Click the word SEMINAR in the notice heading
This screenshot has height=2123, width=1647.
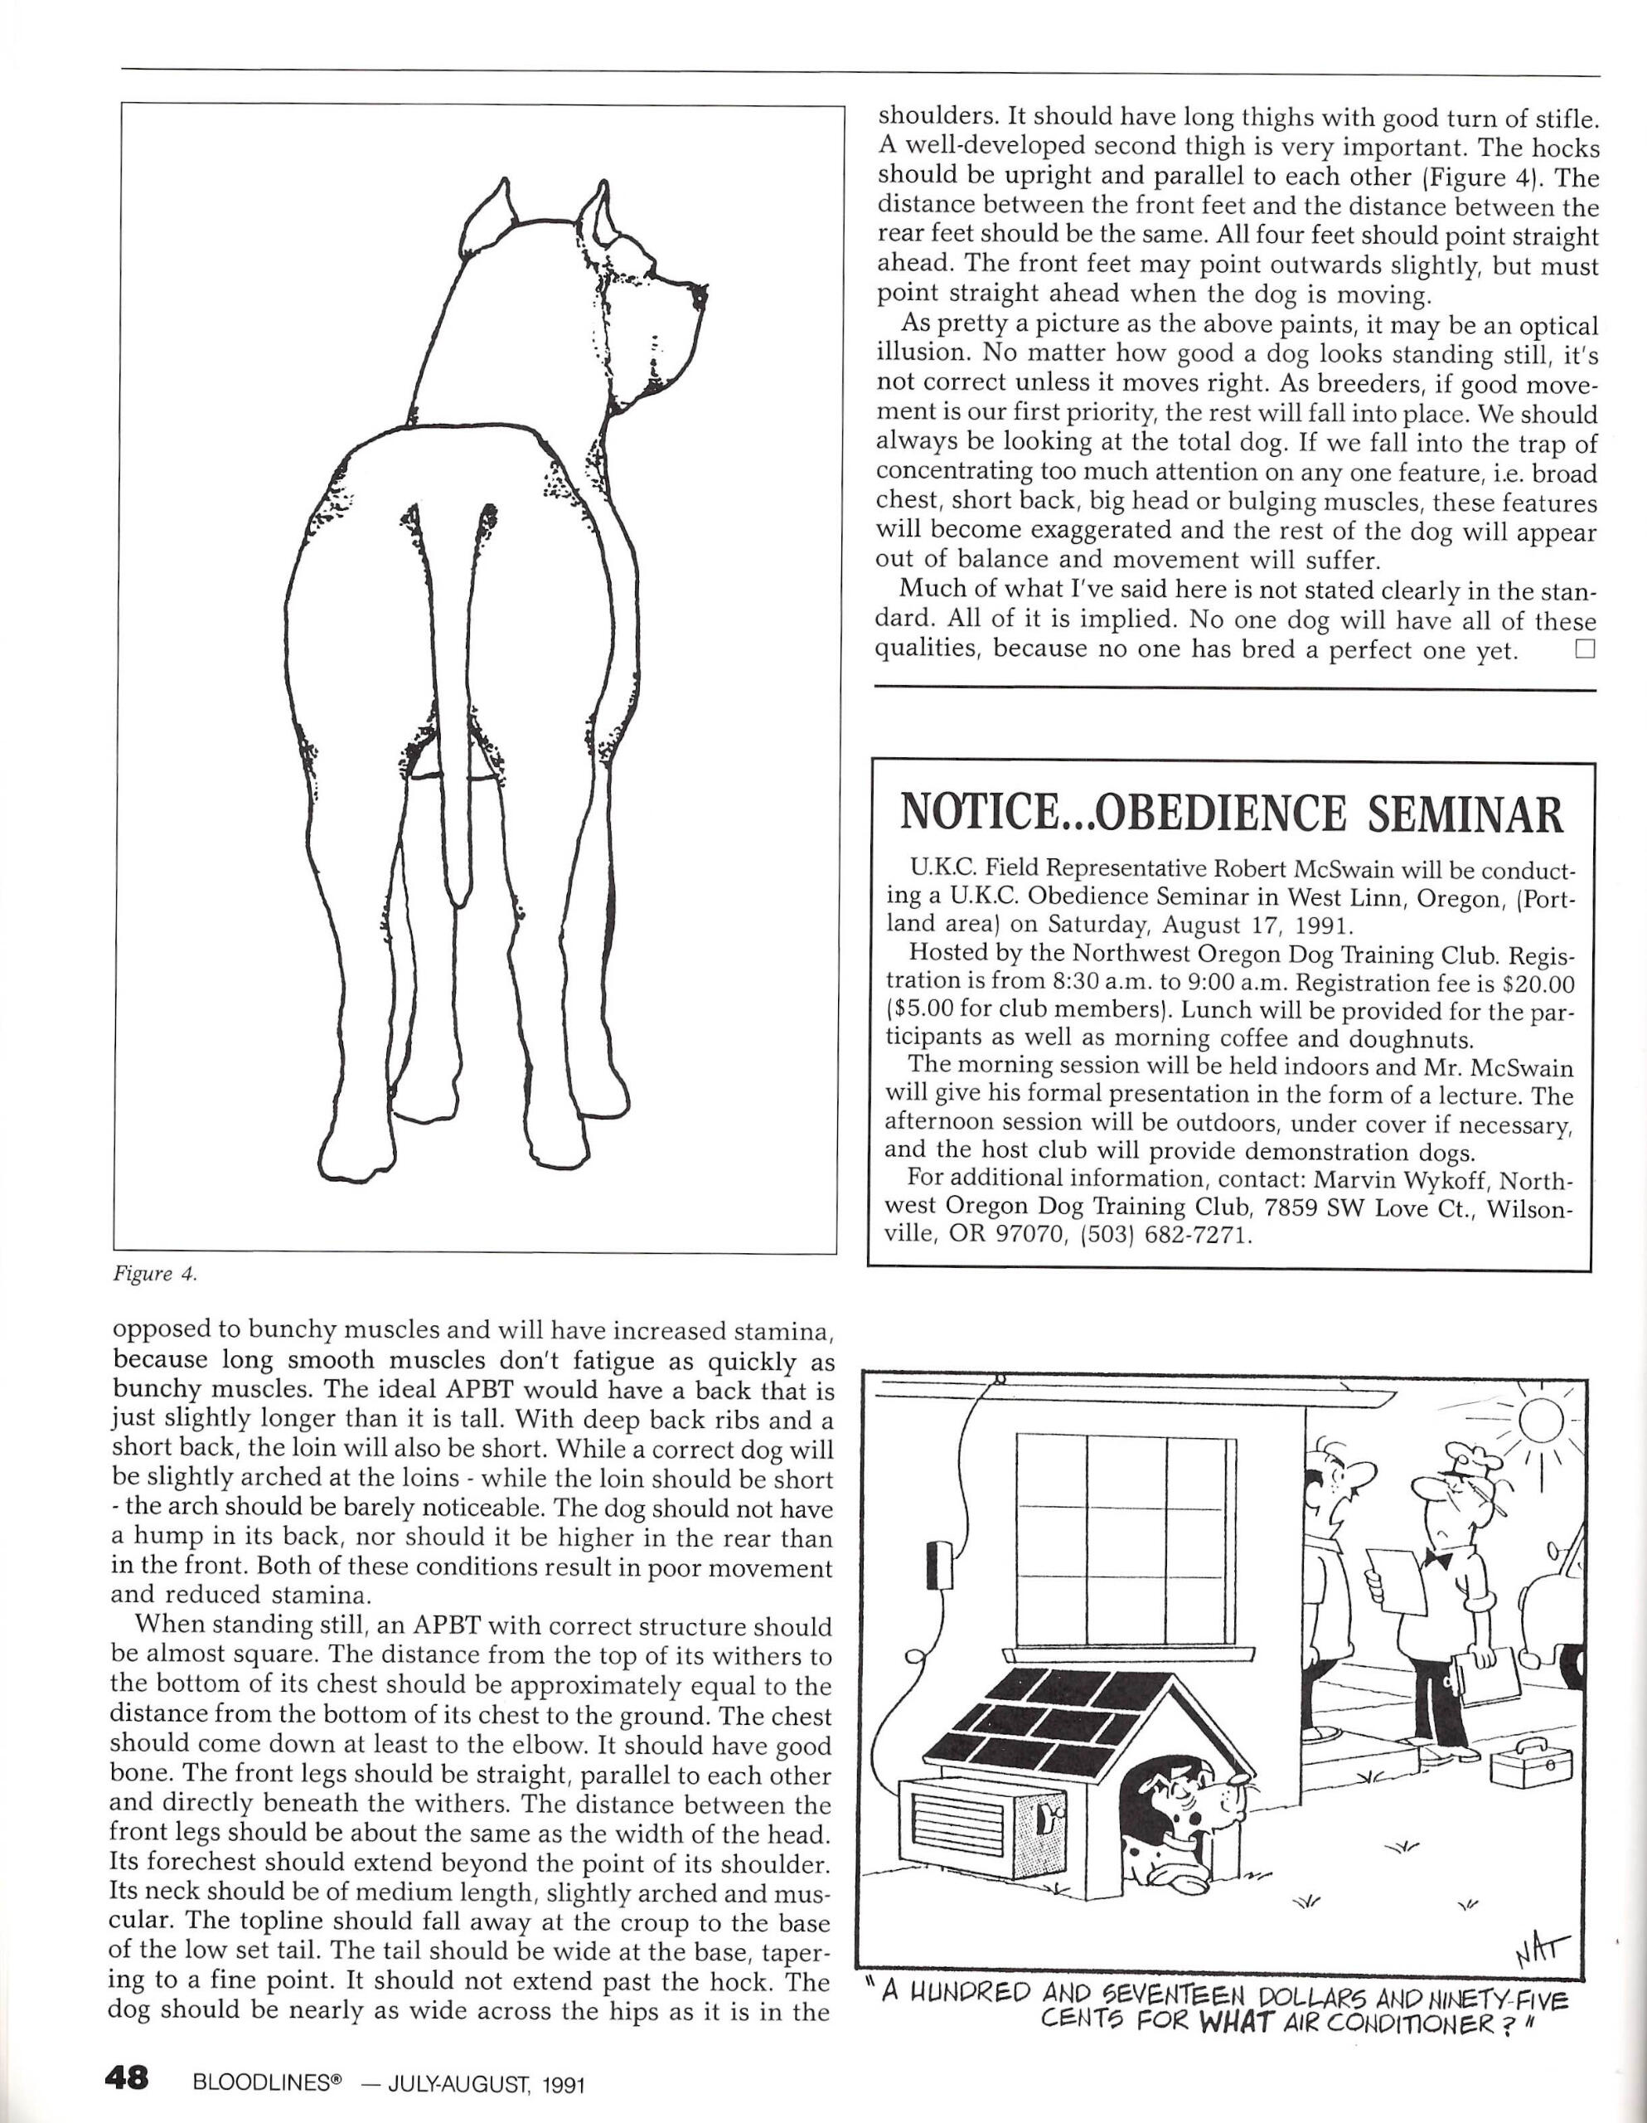coord(1466,814)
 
